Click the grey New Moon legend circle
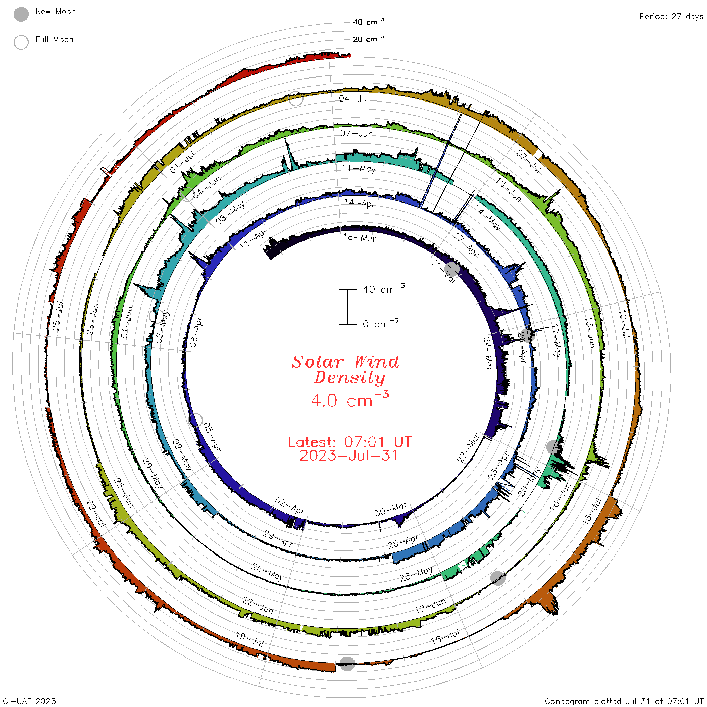point(21,14)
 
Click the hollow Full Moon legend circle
point(21,42)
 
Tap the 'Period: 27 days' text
point(672,17)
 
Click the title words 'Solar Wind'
point(345,362)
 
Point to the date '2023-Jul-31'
point(348,456)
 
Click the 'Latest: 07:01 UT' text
point(349,442)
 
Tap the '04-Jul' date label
point(353,98)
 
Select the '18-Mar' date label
point(360,237)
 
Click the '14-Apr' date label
point(360,203)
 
